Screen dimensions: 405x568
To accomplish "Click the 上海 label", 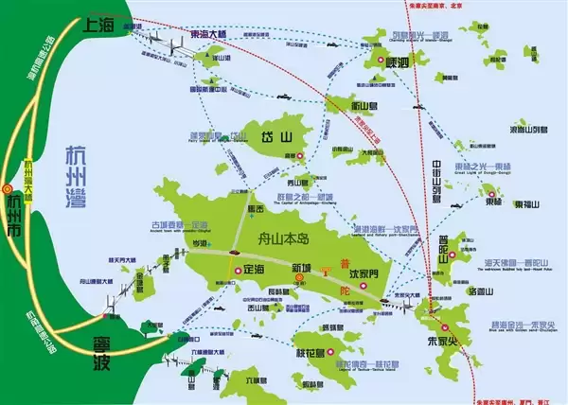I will click(104, 26).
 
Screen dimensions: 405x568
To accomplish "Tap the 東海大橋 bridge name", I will click(209, 34).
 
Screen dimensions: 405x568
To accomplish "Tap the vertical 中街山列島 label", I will click(437, 185).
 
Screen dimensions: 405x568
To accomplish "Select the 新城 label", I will click(301, 269).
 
